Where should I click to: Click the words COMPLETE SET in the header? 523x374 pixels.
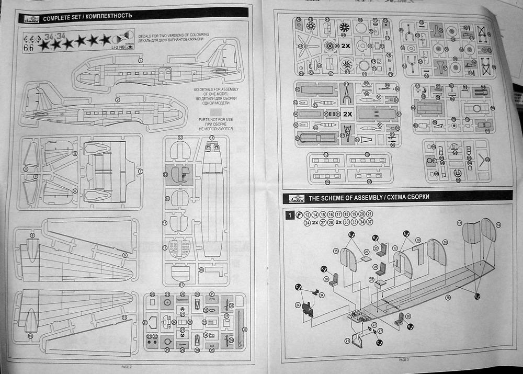point(62,18)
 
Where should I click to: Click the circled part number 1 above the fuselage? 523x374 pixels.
point(140,61)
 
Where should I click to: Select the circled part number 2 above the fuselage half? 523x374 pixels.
point(118,99)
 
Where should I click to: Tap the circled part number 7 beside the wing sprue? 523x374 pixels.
point(140,171)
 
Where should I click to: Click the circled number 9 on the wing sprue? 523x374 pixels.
point(124,255)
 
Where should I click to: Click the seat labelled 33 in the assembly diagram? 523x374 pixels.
point(384,250)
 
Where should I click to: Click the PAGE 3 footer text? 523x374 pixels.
point(403,360)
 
